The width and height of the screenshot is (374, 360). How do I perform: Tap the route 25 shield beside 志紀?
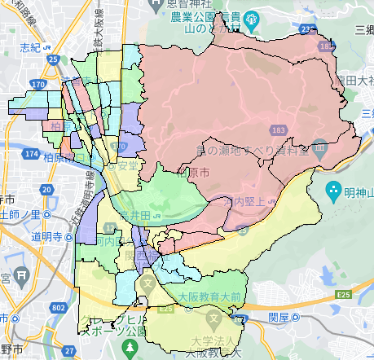point(53,59)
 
